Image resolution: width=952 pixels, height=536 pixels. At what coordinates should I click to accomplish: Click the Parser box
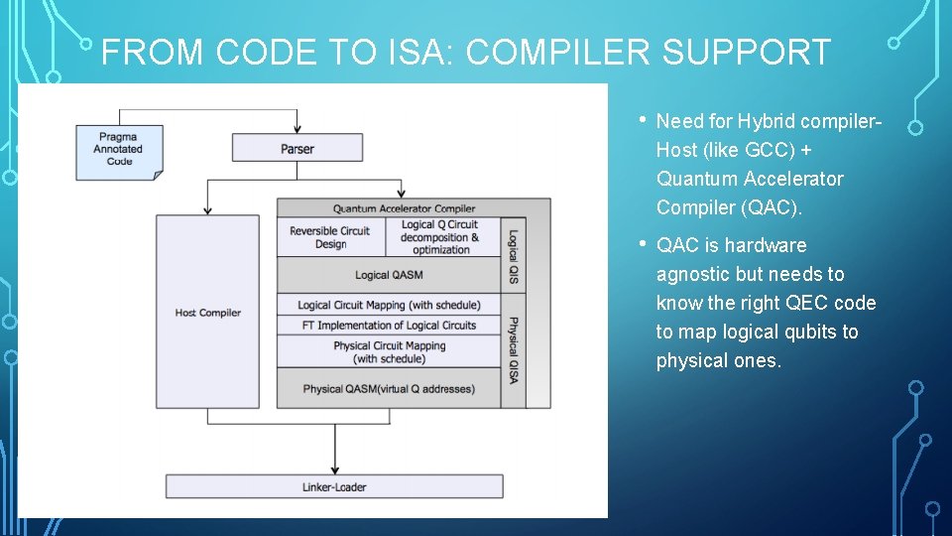[x=297, y=149]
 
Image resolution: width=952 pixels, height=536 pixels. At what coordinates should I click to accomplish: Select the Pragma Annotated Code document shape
[x=119, y=152]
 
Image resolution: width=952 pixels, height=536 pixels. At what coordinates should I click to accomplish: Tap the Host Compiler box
[x=207, y=312]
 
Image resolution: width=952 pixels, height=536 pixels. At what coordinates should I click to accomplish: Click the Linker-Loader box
[x=333, y=486]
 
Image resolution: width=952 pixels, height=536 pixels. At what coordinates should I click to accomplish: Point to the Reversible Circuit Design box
[x=329, y=237]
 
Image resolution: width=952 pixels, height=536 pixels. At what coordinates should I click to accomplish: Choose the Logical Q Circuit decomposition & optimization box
[x=439, y=237]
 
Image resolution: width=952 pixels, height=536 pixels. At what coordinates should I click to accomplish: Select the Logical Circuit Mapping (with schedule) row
[x=388, y=305]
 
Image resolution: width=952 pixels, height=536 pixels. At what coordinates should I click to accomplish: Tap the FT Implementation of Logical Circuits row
[x=388, y=325]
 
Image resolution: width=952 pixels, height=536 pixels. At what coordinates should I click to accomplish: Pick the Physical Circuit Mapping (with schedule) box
[x=388, y=351]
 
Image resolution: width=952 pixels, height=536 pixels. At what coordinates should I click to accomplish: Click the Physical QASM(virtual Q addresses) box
[x=388, y=388]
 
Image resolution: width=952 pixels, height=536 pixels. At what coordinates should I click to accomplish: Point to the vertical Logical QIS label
[x=514, y=256]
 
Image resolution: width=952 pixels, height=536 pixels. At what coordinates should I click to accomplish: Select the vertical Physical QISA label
[x=514, y=350]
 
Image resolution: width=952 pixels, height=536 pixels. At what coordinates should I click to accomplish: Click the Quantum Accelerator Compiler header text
[x=404, y=208]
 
